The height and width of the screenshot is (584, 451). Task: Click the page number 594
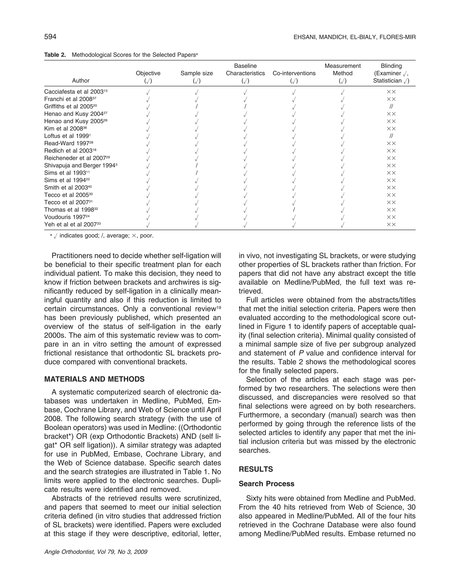(x=50, y=37)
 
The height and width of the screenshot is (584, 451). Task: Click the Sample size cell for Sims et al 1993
(x=197, y=173)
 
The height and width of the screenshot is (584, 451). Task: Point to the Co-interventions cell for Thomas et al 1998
(x=294, y=210)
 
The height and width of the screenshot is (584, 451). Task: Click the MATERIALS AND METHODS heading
(x=94, y=379)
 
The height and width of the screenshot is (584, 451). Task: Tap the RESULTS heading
(x=256, y=469)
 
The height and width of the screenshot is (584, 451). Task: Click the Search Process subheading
(x=266, y=484)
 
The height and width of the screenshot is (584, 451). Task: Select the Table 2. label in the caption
(x=55, y=55)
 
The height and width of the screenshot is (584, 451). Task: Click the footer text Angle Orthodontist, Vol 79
(x=96, y=552)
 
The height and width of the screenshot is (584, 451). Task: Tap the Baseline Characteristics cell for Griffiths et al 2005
(x=245, y=106)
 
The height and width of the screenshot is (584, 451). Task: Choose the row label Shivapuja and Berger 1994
(x=81, y=166)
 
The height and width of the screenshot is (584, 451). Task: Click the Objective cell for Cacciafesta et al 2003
(x=148, y=92)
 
